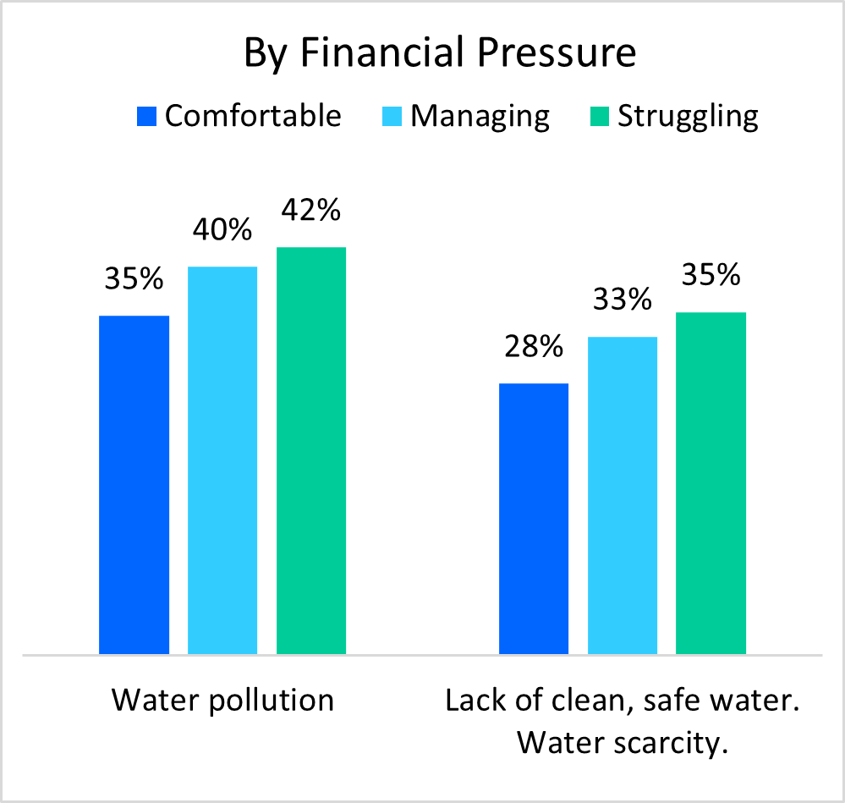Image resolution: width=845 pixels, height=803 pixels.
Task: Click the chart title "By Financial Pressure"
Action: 440,53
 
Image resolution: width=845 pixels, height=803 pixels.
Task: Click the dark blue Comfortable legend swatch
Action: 147,116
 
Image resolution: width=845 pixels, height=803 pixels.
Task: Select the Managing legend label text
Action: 480,116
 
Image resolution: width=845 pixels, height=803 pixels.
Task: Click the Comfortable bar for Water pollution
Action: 134,485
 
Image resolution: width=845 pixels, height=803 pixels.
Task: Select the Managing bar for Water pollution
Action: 222,460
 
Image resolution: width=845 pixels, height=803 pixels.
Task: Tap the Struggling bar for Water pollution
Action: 311,450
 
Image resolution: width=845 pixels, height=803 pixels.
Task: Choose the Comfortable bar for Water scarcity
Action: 534,519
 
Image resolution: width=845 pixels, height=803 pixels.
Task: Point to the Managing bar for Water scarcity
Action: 623,495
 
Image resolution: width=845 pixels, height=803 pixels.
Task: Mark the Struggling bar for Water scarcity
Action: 711,483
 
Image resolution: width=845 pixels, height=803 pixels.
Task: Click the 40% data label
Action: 222,229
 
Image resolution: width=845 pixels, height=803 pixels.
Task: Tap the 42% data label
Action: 311,209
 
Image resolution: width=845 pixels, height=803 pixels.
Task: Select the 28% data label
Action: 534,346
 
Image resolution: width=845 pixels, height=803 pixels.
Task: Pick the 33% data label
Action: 623,300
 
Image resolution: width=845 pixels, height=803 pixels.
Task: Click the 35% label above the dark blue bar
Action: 134,279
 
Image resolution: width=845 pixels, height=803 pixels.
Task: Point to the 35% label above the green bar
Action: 711,276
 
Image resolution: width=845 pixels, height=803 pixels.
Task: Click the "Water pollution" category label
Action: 222,701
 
